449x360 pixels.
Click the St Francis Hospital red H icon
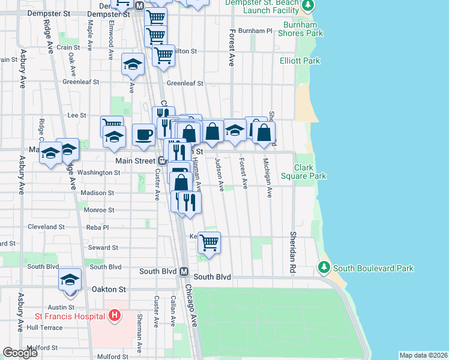tap(115, 316)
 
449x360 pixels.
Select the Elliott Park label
tap(300, 61)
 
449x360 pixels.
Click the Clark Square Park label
tap(310, 172)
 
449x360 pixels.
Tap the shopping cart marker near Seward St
tap(209, 242)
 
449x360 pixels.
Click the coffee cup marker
tap(143, 134)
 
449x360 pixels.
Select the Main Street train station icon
tap(161, 160)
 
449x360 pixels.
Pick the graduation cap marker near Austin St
tap(70, 280)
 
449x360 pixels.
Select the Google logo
tap(20, 353)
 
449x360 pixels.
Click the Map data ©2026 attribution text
tap(423, 355)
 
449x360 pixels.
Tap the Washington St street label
tap(99, 173)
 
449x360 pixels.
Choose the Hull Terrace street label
tap(44, 328)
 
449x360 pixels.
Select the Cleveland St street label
tap(46, 227)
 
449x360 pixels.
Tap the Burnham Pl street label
tap(255, 31)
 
